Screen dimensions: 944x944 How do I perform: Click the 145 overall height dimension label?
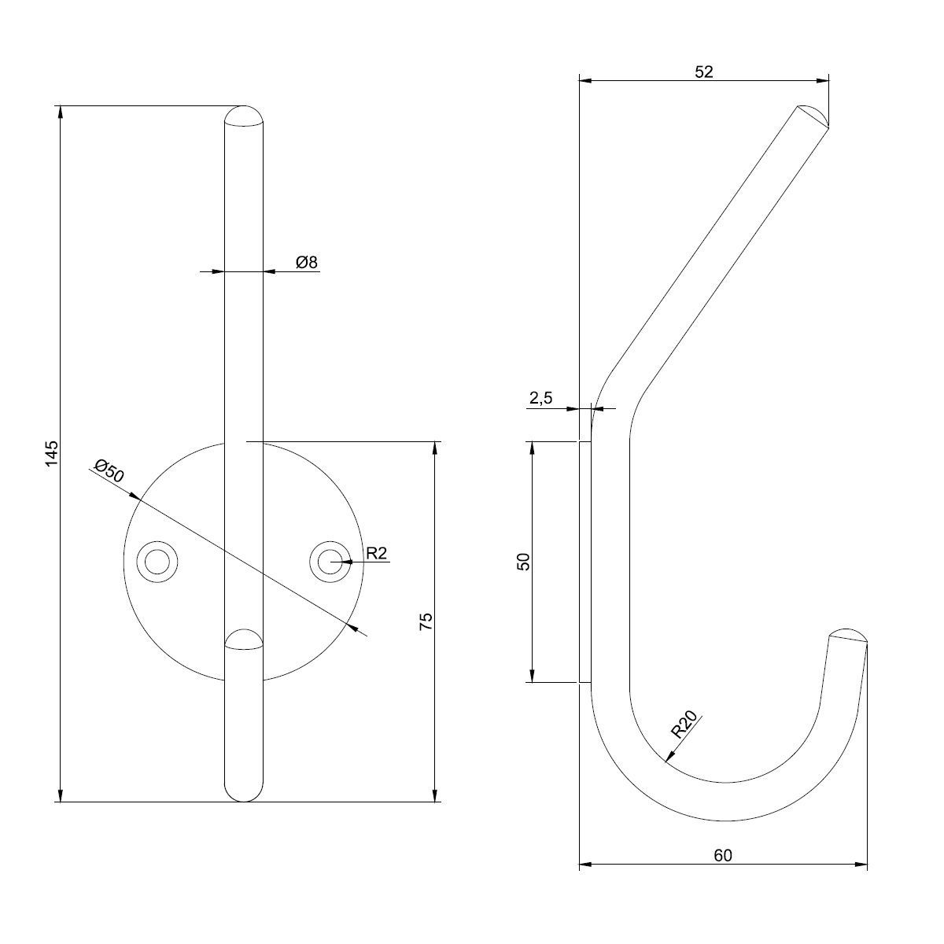(x=52, y=453)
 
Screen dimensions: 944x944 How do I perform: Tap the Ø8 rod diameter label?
(x=307, y=262)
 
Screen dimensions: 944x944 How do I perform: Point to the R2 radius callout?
(x=377, y=553)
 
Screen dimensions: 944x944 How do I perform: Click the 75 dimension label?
(x=426, y=621)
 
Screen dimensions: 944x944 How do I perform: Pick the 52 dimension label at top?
(x=704, y=72)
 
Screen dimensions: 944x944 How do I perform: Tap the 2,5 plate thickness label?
(x=540, y=398)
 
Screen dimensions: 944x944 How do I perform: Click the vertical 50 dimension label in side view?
(x=523, y=562)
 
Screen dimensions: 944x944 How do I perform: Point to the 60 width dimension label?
(x=723, y=855)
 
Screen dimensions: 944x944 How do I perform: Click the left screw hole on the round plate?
(x=157, y=562)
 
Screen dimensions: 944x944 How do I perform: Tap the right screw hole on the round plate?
(x=330, y=562)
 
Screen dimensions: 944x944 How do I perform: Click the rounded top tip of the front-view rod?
(x=243, y=116)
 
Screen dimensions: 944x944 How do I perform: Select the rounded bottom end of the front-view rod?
(x=243, y=791)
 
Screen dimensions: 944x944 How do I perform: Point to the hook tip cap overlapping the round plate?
(x=243, y=640)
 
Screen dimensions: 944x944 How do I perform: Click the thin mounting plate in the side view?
(x=585, y=562)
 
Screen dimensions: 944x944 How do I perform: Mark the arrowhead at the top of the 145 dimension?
(x=61, y=112)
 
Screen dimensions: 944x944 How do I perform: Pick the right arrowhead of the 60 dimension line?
(x=861, y=865)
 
